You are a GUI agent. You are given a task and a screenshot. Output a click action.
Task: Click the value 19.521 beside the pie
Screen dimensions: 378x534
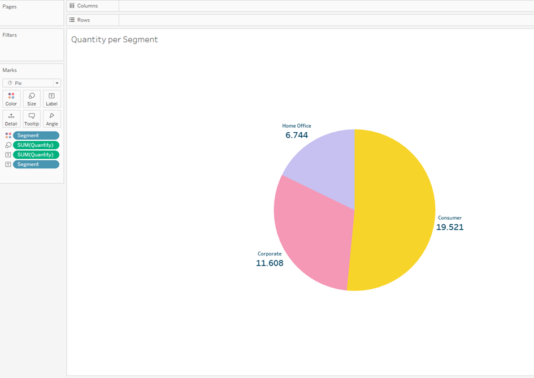pos(450,227)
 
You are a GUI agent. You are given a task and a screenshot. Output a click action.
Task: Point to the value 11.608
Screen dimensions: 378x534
pos(270,263)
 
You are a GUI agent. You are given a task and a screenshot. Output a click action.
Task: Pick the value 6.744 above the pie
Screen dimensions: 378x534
pos(297,135)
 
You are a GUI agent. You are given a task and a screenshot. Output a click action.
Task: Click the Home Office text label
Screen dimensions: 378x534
pos(297,126)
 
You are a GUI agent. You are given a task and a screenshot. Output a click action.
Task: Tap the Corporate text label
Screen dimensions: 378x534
pos(270,254)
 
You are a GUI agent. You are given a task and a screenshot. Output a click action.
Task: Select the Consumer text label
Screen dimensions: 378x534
pos(450,218)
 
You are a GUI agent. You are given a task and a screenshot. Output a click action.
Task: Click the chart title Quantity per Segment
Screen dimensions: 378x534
pos(114,40)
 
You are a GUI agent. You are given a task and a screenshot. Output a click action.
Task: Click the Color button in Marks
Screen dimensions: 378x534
pos(11,99)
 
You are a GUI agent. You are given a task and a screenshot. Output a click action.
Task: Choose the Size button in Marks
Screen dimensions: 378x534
pos(32,99)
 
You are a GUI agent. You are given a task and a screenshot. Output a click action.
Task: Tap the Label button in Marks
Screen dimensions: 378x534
pos(52,99)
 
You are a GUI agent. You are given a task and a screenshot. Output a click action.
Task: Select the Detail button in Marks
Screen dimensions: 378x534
pos(11,119)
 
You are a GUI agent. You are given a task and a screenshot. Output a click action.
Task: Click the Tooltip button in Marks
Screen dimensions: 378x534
pos(32,119)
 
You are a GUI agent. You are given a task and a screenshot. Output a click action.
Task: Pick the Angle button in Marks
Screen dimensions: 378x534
pos(52,119)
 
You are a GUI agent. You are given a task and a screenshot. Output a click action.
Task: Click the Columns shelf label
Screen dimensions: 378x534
pos(87,6)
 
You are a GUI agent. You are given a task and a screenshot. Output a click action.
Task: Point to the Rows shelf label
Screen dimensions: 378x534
pos(83,20)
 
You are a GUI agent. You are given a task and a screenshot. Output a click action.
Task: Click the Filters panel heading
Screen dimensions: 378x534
pos(10,35)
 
